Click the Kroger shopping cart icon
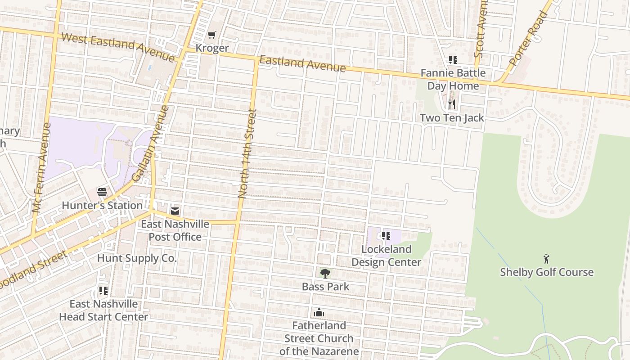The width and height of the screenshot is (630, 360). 212,35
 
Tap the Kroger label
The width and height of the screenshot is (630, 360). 212,48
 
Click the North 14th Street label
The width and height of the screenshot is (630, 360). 247,153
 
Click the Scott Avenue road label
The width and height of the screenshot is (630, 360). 481,29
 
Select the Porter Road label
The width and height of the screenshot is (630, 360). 529,39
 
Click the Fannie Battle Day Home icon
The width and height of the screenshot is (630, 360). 453,60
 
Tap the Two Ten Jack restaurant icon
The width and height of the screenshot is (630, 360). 452,104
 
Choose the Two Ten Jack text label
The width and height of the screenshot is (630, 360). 452,118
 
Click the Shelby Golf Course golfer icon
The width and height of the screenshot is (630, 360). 546,259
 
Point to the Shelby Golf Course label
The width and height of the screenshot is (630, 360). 547,272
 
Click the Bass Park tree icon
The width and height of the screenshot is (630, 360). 325,273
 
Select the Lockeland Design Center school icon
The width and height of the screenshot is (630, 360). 386,236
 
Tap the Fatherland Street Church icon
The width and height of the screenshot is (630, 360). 319,312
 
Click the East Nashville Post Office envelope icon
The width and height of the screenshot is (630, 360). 175,211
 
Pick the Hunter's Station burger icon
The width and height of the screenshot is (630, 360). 102,192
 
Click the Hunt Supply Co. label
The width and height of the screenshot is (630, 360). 137,258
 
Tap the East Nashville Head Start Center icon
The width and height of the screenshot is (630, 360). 103,291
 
